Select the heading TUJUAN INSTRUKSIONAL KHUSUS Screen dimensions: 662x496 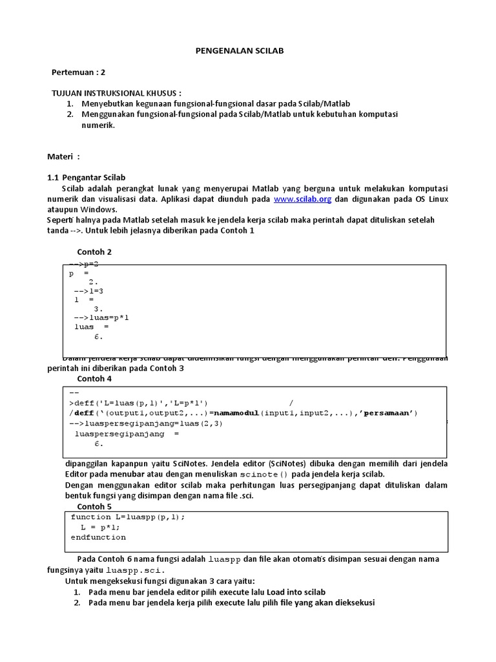[x=116, y=93]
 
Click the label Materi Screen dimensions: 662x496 [x=63, y=156]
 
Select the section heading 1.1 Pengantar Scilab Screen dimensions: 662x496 [x=87, y=177]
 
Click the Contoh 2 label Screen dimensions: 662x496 [x=94, y=252]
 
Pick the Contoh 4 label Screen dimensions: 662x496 [x=94, y=378]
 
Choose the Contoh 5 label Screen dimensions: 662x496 [x=94, y=506]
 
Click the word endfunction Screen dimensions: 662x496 [x=98, y=537]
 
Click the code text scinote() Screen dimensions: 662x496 [x=249, y=474]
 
